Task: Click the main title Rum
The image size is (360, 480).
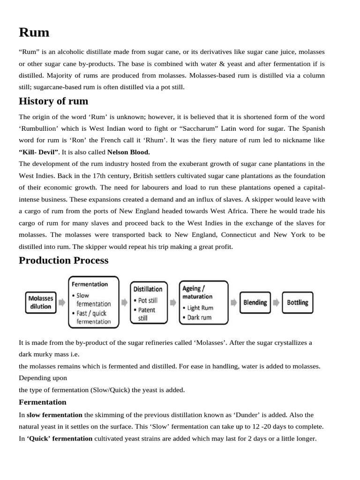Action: click(x=34, y=32)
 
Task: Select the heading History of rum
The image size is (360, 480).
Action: click(x=53, y=101)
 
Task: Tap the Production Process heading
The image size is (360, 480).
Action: click(x=63, y=260)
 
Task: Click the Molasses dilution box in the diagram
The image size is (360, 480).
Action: click(x=40, y=302)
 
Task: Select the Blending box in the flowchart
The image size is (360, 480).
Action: click(x=255, y=302)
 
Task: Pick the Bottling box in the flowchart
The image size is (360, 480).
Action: click(x=298, y=302)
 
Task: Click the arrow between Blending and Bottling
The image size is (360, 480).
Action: click(x=277, y=302)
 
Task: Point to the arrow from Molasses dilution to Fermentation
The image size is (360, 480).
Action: click(x=62, y=302)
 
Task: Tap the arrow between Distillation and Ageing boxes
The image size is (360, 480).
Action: click(x=173, y=302)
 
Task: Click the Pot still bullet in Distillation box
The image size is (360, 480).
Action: click(x=147, y=300)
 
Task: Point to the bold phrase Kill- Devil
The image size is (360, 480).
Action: click(x=39, y=152)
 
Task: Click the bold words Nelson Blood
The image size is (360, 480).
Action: click(x=129, y=152)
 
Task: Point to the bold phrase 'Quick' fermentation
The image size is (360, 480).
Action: click(x=60, y=439)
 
